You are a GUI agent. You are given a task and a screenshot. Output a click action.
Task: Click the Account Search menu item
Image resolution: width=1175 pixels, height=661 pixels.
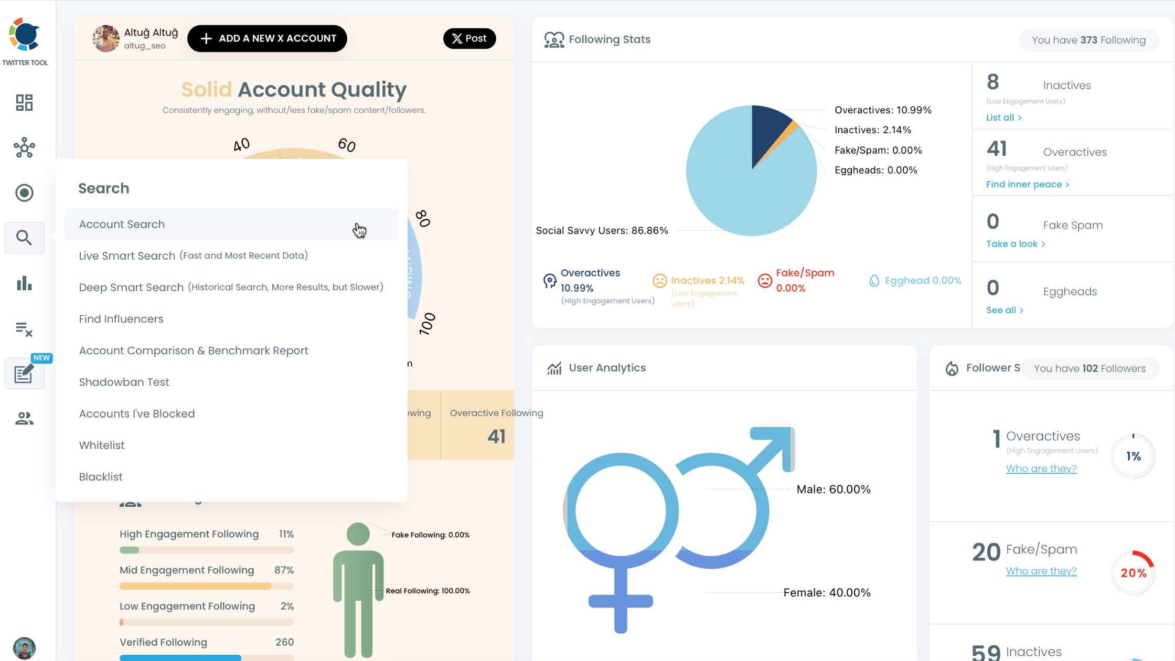click(x=122, y=225)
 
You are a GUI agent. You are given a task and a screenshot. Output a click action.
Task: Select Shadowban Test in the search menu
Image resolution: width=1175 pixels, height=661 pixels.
click(x=124, y=382)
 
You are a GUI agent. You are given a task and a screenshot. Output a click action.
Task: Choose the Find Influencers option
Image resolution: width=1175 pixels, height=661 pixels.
click(x=121, y=319)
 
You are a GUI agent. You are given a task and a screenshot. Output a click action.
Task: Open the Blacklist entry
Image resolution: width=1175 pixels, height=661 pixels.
click(x=101, y=477)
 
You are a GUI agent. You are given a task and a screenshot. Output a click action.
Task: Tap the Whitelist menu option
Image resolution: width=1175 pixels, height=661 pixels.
click(x=102, y=445)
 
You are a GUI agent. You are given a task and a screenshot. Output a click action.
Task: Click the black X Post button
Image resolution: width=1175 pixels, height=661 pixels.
click(x=469, y=38)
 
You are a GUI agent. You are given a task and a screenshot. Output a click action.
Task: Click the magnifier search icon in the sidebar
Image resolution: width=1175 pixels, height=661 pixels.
click(x=24, y=238)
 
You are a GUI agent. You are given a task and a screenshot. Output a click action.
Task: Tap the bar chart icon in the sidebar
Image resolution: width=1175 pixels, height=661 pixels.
click(x=24, y=284)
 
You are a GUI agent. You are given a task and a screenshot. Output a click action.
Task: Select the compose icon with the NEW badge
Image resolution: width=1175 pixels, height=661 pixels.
click(x=24, y=374)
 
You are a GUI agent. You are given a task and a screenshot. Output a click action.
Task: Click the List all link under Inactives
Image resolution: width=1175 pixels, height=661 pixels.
click(x=1003, y=118)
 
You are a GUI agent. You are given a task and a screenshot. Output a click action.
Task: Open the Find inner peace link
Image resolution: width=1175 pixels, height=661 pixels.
click(x=1027, y=184)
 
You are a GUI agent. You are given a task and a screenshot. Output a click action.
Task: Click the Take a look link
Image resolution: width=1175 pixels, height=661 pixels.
click(x=1015, y=244)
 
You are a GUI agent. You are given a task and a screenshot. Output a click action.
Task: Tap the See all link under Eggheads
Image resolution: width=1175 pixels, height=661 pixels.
click(x=1004, y=310)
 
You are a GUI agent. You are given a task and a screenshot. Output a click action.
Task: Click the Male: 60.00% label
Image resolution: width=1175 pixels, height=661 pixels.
click(x=833, y=489)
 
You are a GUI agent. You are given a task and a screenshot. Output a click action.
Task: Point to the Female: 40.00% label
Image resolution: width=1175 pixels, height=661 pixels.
click(x=827, y=593)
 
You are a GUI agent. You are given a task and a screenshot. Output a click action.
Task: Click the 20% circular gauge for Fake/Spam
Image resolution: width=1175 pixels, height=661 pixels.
click(x=1133, y=573)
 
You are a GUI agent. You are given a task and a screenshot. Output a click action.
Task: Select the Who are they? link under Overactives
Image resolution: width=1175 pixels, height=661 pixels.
click(x=1041, y=468)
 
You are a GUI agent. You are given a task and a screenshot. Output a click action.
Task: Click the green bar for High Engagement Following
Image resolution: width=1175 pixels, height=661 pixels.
click(x=130, y=550)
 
